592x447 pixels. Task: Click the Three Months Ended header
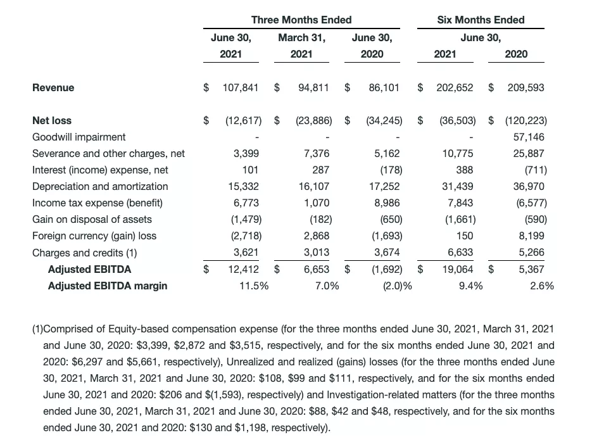(x=301, y=20)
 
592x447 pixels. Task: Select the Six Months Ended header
(x=481, y=20)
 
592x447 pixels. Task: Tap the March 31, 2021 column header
(x=301, y=46)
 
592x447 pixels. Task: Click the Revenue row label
(x=53, y=87)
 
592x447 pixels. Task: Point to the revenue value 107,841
(x=241, y=87)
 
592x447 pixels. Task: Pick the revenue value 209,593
(x=526, y=87)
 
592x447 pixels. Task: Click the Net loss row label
(x=52, y=120)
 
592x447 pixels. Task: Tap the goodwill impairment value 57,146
(x=529, y=137)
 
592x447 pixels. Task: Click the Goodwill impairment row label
(x=79, y=137)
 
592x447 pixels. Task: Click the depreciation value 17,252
(x=386, y=186)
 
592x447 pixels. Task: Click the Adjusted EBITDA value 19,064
(x=457, y=269)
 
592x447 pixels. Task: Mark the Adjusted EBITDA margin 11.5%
(x=253, y=286)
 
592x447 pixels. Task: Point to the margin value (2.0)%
(x=398, y=286)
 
